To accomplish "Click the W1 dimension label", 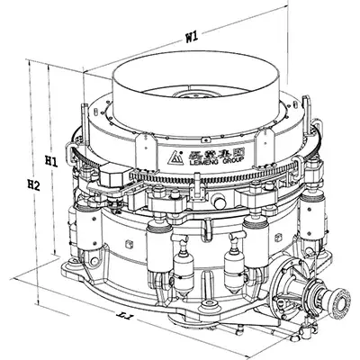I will point(191,38).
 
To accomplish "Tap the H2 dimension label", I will point(33,186).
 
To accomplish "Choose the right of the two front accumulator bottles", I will point(236,263).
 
